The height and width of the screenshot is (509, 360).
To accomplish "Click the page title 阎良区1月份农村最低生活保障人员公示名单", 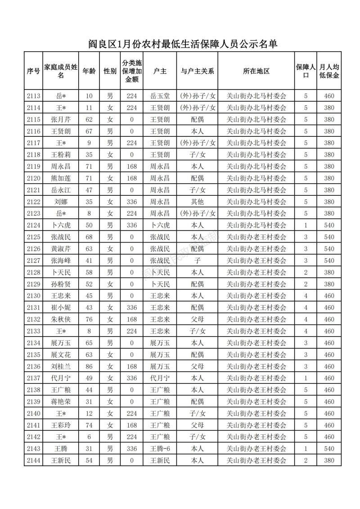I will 182,44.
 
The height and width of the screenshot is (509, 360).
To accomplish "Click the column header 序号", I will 33,71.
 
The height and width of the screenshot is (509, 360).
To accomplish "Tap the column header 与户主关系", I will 197,71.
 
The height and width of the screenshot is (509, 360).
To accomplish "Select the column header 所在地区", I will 256,71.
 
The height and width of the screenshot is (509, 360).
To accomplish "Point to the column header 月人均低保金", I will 329,71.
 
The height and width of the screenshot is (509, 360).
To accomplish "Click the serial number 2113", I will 33,96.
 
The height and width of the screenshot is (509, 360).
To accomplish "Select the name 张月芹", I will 61,120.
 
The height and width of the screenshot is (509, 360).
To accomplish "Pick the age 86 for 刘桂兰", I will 89,366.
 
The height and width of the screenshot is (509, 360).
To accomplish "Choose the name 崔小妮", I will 61,308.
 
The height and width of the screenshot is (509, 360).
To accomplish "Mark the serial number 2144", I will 33,460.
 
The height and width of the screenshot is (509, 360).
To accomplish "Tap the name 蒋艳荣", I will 61,401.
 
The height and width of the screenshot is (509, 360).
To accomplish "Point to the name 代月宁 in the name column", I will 61,378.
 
